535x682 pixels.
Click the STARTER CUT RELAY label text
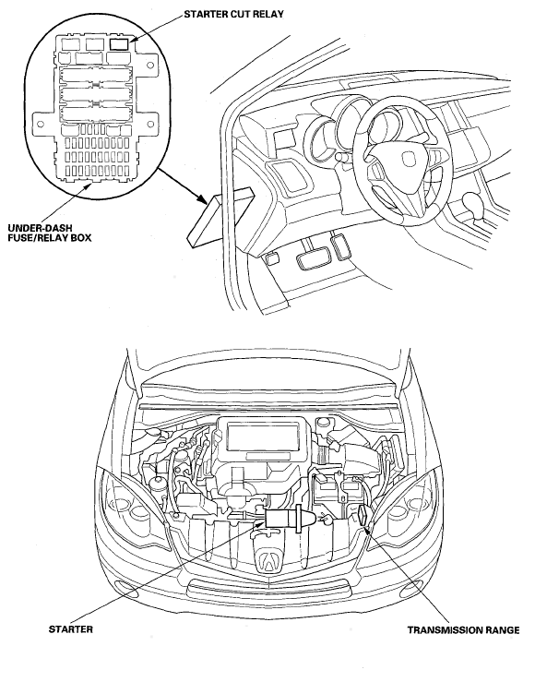point(233,14)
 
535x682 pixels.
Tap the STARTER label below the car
point(71,629)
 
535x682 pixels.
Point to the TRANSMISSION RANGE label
point(463,629)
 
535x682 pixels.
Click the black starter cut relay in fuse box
point(120,44)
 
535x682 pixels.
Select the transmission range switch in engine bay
point(363,516)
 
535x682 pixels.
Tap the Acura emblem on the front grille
point(268,561)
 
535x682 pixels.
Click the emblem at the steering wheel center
point(408,159)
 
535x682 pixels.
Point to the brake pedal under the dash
point(311,259)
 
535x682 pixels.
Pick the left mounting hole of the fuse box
point(41,124)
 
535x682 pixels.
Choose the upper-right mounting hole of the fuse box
point(149,66)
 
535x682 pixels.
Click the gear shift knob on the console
point(472,203)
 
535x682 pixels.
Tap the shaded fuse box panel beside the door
point(221,216)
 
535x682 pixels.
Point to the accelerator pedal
point(340,246)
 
